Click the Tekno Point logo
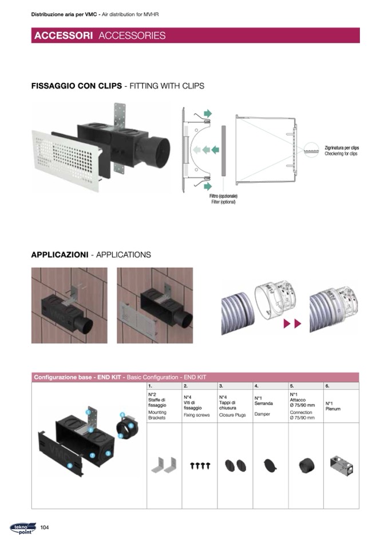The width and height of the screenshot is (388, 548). [x=23, y=528]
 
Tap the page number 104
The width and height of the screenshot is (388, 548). [x=45, y=527]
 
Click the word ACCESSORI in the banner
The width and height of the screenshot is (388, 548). [x=64, y=35]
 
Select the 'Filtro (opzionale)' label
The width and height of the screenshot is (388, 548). [x=223, y=196]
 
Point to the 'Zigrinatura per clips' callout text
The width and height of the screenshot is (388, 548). [x=342, y=148]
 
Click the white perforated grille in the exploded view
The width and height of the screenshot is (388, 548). [x=66, y=160]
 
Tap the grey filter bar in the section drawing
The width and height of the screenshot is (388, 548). [x=224, y=151]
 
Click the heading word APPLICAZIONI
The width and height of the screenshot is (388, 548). [x=60, y=255]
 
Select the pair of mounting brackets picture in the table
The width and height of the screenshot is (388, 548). [x=164, y=465]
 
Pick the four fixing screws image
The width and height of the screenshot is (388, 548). [x=200, y=466]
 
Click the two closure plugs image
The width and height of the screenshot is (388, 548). [x=236, y=466]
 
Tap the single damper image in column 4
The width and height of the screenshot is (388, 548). [x=270, y=465]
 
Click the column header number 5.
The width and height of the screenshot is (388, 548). [x=292, y=386]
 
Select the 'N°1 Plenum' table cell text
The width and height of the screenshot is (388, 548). [x=332, y=406]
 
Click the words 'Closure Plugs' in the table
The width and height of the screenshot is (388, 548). [x=232, y=415]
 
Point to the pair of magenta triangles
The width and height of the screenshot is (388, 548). [x=292, y=323]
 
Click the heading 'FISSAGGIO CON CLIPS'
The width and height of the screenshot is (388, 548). [x=77, y=86]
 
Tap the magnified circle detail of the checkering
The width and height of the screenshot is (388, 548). [x=311, y=150]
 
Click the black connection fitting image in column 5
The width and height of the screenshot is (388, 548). [x=307, y=466]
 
